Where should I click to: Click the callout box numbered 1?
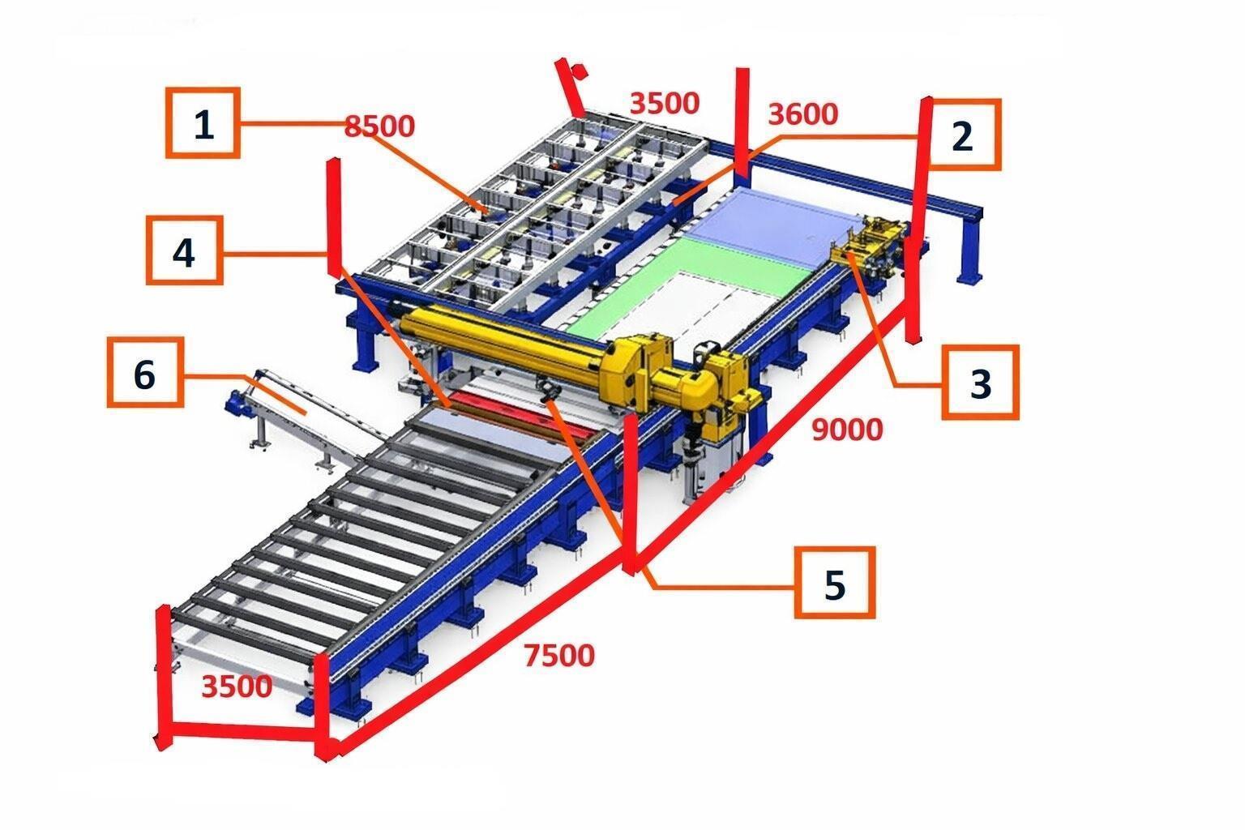(x=203, y=123)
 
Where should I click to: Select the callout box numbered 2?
(x=963, y=135)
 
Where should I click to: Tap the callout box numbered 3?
(x=981, y=382)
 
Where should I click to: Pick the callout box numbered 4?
(x=185, y=250)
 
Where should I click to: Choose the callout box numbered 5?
(x=835, y=583)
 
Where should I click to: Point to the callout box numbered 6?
(x=145, y=372)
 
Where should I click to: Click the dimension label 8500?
(x=379, y=126)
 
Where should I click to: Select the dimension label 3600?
(x=802, y=114)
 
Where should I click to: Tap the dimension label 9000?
(x=847, y=430)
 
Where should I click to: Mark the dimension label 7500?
(x=559, y=656)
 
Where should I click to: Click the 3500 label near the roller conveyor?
(x=237, y=687)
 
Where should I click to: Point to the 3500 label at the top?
(x=664, y=104)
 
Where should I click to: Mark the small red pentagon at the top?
(x=580, y=71)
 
